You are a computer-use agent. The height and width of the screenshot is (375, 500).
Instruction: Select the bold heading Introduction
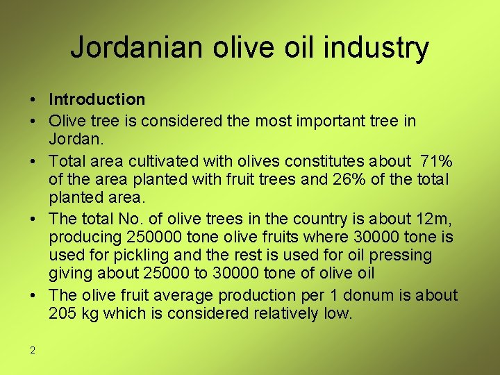click(x=97, y=100)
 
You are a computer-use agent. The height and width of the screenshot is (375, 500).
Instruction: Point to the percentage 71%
click(x=436, y=161)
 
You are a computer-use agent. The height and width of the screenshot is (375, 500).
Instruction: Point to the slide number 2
click(x=33, y=350)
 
